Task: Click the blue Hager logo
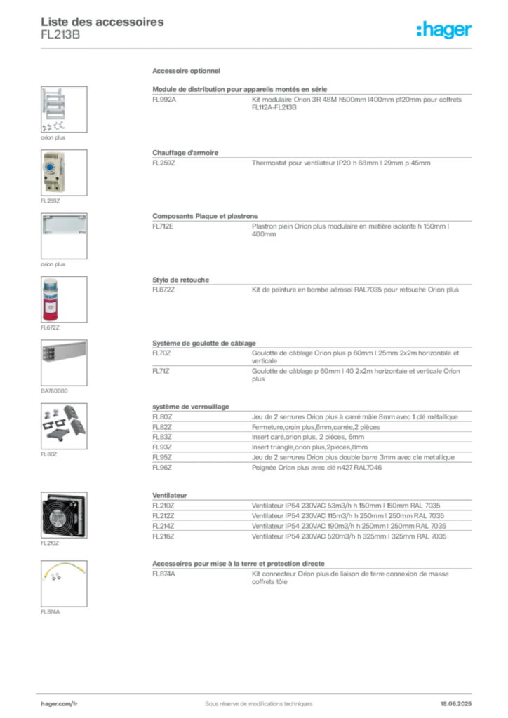pos(445,30)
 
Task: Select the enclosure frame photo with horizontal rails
pos(64,109)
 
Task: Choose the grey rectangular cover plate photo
pos(64,224)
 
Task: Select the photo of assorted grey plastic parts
pos(64,423)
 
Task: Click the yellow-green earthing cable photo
pos(63,573)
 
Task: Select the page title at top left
pos(104,22)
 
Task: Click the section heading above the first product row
pos(188,72)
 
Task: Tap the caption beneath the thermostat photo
pos(51,201)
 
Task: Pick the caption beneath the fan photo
pos(51,543)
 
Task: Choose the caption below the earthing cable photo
pos(51,611)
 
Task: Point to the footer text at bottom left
pos(59,699)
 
